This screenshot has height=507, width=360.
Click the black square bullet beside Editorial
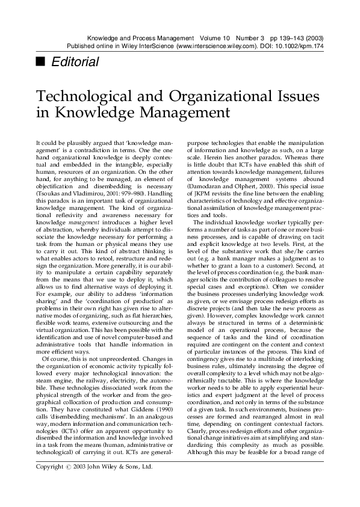point(40,62)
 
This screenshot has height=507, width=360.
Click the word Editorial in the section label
point(73,62)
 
